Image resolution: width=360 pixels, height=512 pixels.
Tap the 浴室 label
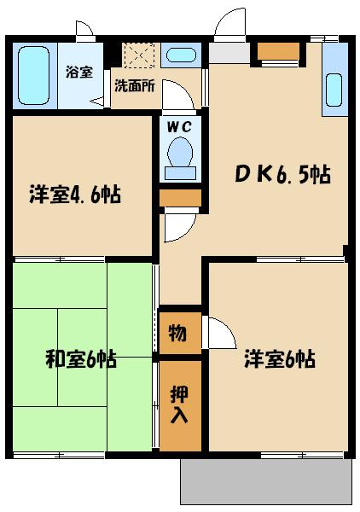point(78,73)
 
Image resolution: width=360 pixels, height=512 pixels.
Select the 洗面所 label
point(134,86)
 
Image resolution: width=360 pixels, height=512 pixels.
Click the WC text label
point(179,126)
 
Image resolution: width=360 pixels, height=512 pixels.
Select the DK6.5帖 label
point(282,175)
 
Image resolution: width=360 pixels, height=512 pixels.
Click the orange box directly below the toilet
point(180,198)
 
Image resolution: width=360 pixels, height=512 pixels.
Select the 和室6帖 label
point(81,358)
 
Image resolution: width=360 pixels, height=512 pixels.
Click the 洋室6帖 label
point(279,358)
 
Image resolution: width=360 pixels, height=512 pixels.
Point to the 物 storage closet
point(178,332)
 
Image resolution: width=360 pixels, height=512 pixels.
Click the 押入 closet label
point(179,405)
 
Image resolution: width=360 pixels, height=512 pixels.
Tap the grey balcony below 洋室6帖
point(266,481)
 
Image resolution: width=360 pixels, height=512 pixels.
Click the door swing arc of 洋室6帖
point(220,332)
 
